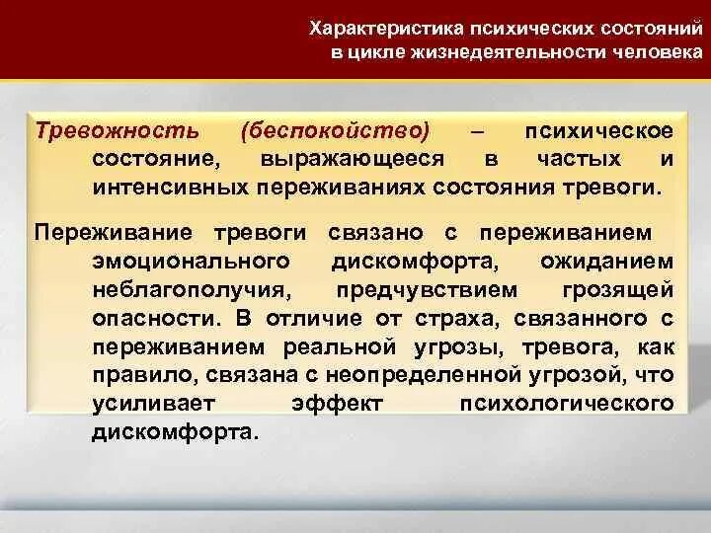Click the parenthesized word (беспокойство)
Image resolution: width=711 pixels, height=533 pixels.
tap(335, 131)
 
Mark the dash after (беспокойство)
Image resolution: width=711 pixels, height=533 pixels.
tap(478, 131)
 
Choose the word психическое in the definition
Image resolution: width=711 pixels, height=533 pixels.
tap(599, 131)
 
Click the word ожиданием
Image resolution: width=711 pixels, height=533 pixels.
tap(607, 262)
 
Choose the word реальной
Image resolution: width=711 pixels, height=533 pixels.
tap(340, 347)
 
